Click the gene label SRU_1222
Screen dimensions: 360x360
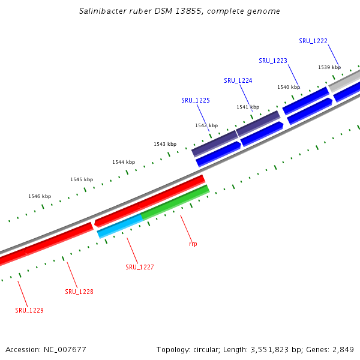tap(313, 41)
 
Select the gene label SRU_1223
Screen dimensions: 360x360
tap(273, 61)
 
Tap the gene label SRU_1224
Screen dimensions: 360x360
tap(238, 80)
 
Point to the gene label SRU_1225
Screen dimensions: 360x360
tap(196, 100)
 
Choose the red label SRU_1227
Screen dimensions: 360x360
tap(140, 267)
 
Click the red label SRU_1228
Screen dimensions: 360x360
tap(79, 292)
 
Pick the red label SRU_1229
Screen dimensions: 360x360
tap(29, 310)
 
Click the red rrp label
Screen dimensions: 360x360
tap(193, 244)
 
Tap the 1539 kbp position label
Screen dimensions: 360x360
tap(329, 68)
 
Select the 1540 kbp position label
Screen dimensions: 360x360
tap(289, 87)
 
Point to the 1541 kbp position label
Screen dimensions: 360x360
tap(248, 107)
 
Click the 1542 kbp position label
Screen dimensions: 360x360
tap(207, 126)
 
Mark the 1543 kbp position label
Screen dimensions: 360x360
tap(165, 144)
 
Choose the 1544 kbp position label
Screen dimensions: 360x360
tap(124, 162)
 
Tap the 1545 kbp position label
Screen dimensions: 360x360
tap(82, 179)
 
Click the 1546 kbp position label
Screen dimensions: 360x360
tap(40, 196)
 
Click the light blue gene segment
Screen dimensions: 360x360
tap(120, 226)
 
